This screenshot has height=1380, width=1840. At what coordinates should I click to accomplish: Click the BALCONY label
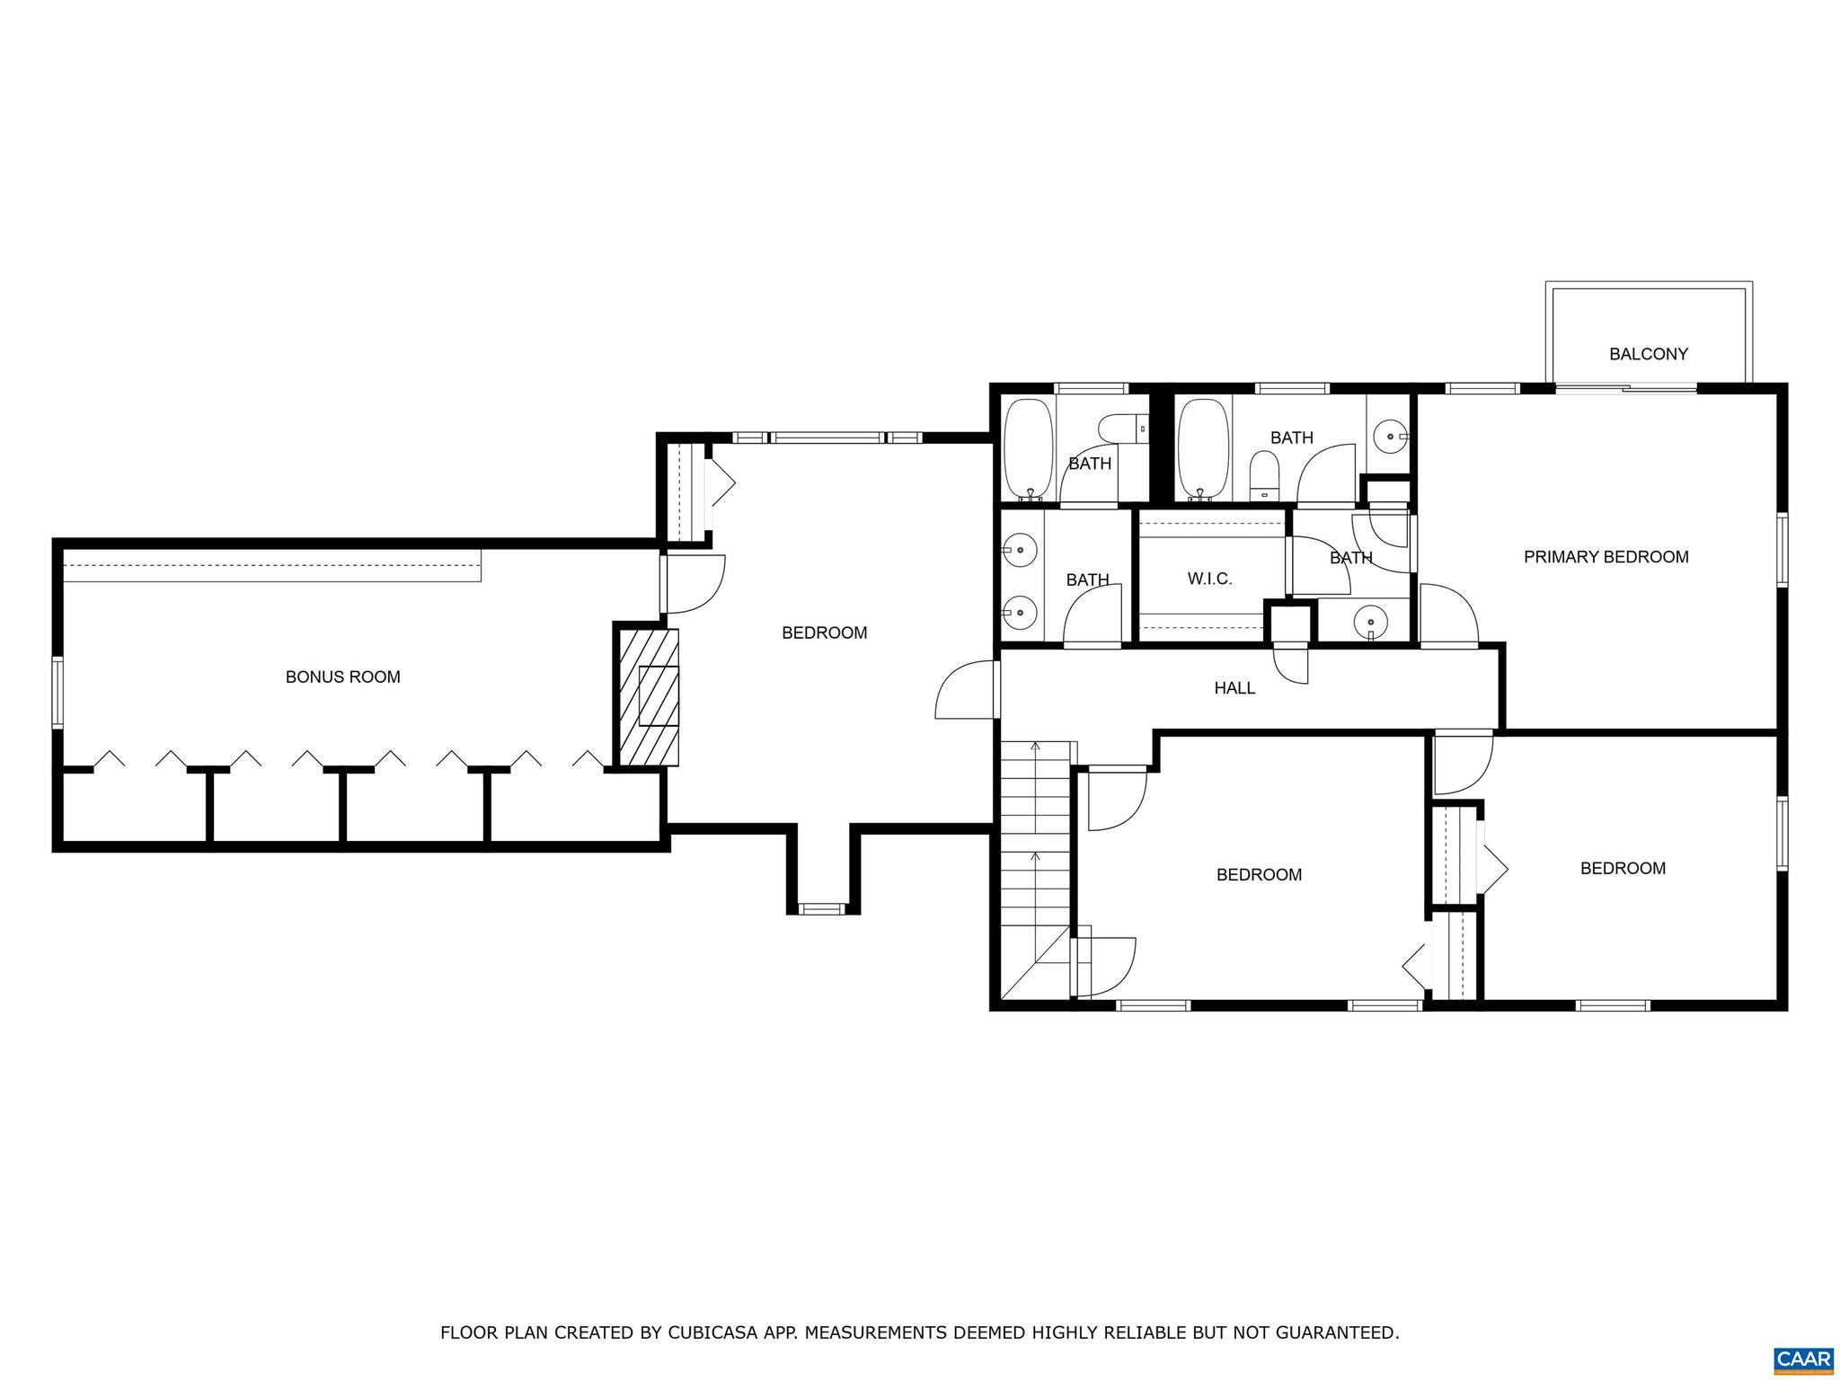click(1648, 354)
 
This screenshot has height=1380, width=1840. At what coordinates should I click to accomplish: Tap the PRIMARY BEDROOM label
click(1606, 557)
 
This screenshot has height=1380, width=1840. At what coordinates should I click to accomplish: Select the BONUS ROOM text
click(342, 677)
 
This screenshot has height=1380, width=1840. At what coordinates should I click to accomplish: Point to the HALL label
click(1234, 688)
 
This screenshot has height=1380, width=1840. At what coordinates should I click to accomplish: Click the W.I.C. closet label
click(1209, 579)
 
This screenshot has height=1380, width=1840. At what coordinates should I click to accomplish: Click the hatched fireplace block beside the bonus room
click(647, 696)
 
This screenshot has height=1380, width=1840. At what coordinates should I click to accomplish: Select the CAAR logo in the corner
click(1803, 1359)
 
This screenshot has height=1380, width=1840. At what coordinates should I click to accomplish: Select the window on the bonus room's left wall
click(57, 691)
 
